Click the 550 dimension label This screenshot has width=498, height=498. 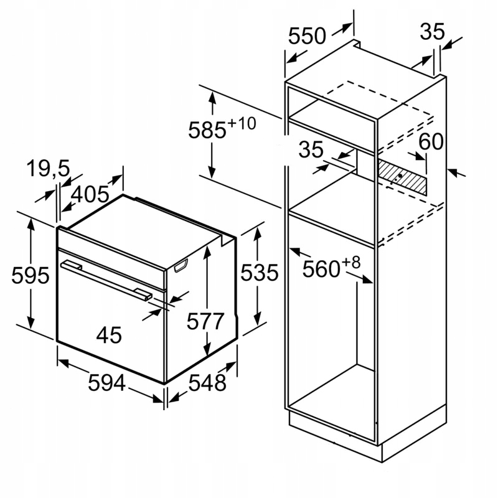307,36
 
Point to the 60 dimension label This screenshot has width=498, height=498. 430,142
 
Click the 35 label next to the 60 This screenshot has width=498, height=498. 311,150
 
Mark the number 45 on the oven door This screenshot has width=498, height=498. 109,336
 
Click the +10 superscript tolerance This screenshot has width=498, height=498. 242,123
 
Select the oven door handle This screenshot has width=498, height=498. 106,280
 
